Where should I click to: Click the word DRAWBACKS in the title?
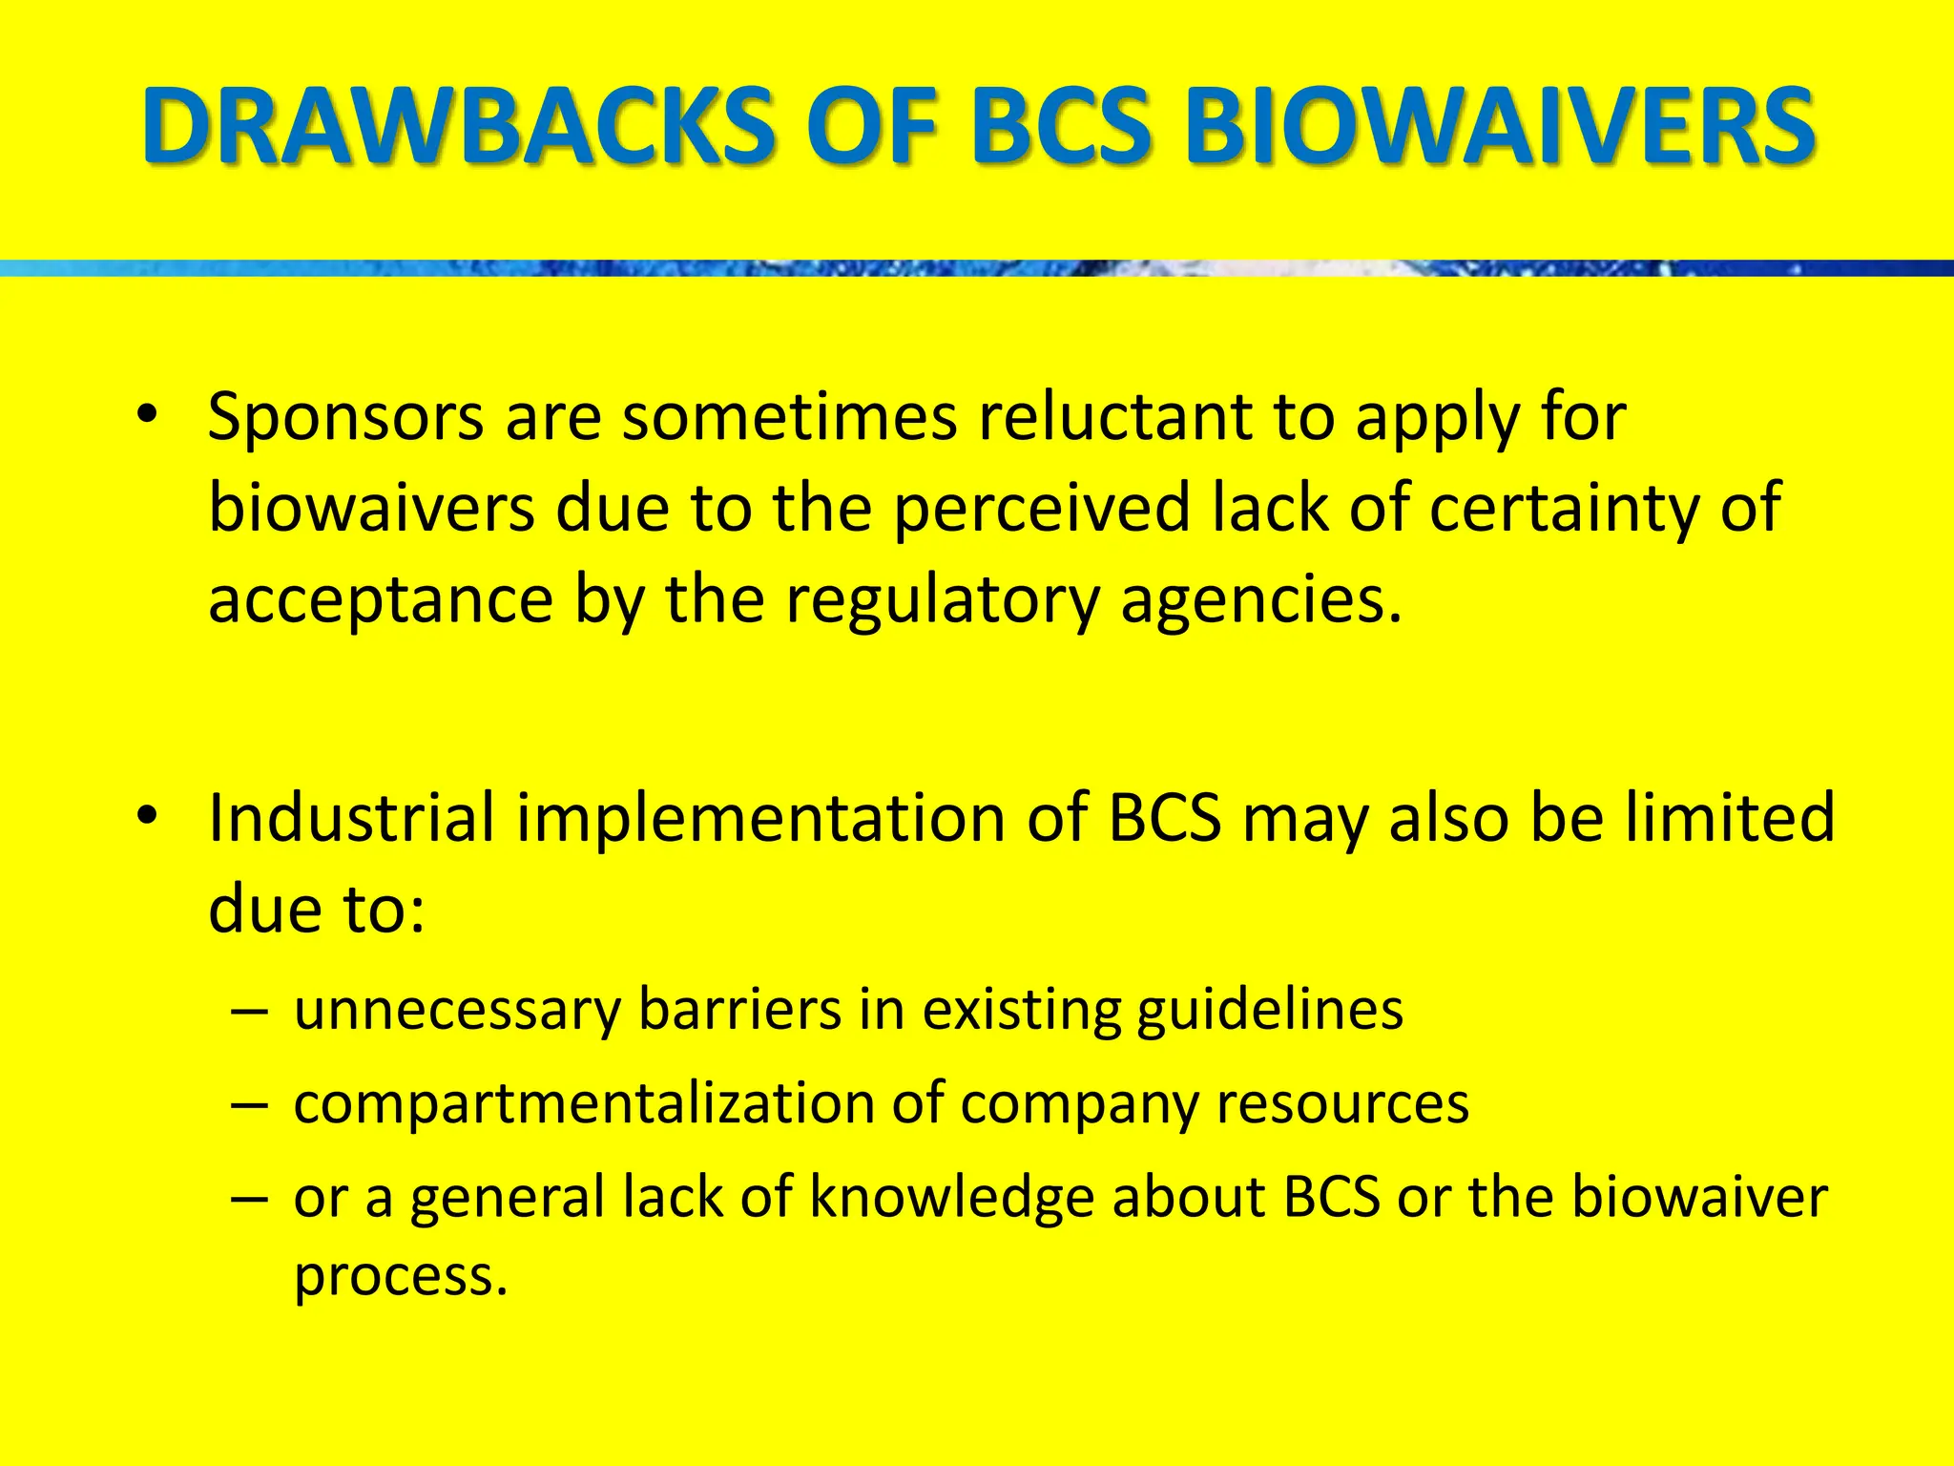click(458, 126)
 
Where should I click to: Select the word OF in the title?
click(882, 126)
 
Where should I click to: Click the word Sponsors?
click(345, 418)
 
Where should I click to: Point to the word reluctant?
click(1114, 416)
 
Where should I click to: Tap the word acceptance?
click(381, 601)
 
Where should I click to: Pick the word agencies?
click(1260, 601)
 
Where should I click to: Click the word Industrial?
click(351, 818)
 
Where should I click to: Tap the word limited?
click(1730, 818)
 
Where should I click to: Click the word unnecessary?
click(457, 1011)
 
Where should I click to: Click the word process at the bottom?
click(400, 1276)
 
